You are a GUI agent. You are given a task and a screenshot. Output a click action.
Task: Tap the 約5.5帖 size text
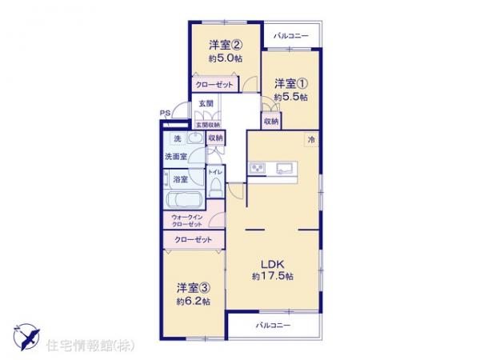point(291,97)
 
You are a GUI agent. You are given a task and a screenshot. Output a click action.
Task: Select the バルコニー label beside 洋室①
point(291,35)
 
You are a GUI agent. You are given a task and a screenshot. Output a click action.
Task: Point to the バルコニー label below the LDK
point(274,326)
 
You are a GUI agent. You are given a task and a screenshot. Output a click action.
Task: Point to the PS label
point(164,114)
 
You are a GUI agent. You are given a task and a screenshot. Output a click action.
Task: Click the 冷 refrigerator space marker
point(310,140)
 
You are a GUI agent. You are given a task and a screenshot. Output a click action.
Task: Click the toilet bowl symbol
point(215,186)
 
